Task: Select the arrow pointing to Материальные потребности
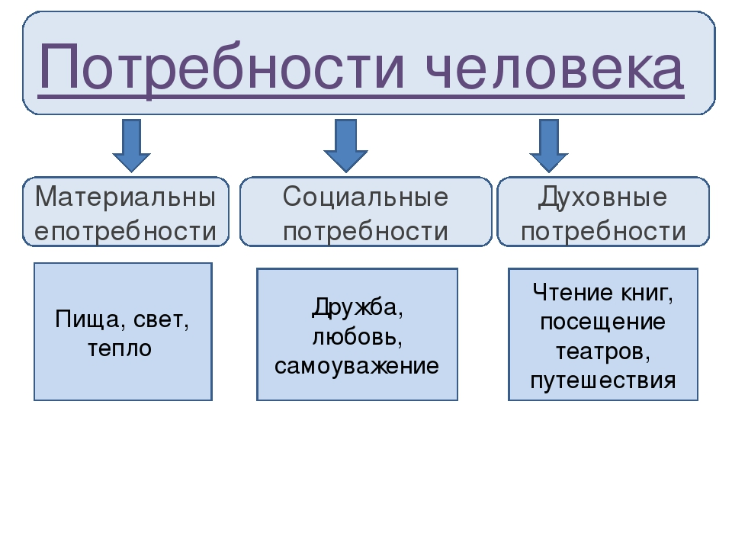(x=131, y=145)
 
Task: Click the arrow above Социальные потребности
(x=345, y=145)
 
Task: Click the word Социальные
(x=365, y=197)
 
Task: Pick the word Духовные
(x=602, y=197)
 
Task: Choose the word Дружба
(x=357, y=307)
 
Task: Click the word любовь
(x=357, y=336)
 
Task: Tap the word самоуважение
(x=357, y=366)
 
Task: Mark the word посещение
(x=602, y=321)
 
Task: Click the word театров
(x=602, y=351)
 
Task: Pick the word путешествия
(x=602, y=380)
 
